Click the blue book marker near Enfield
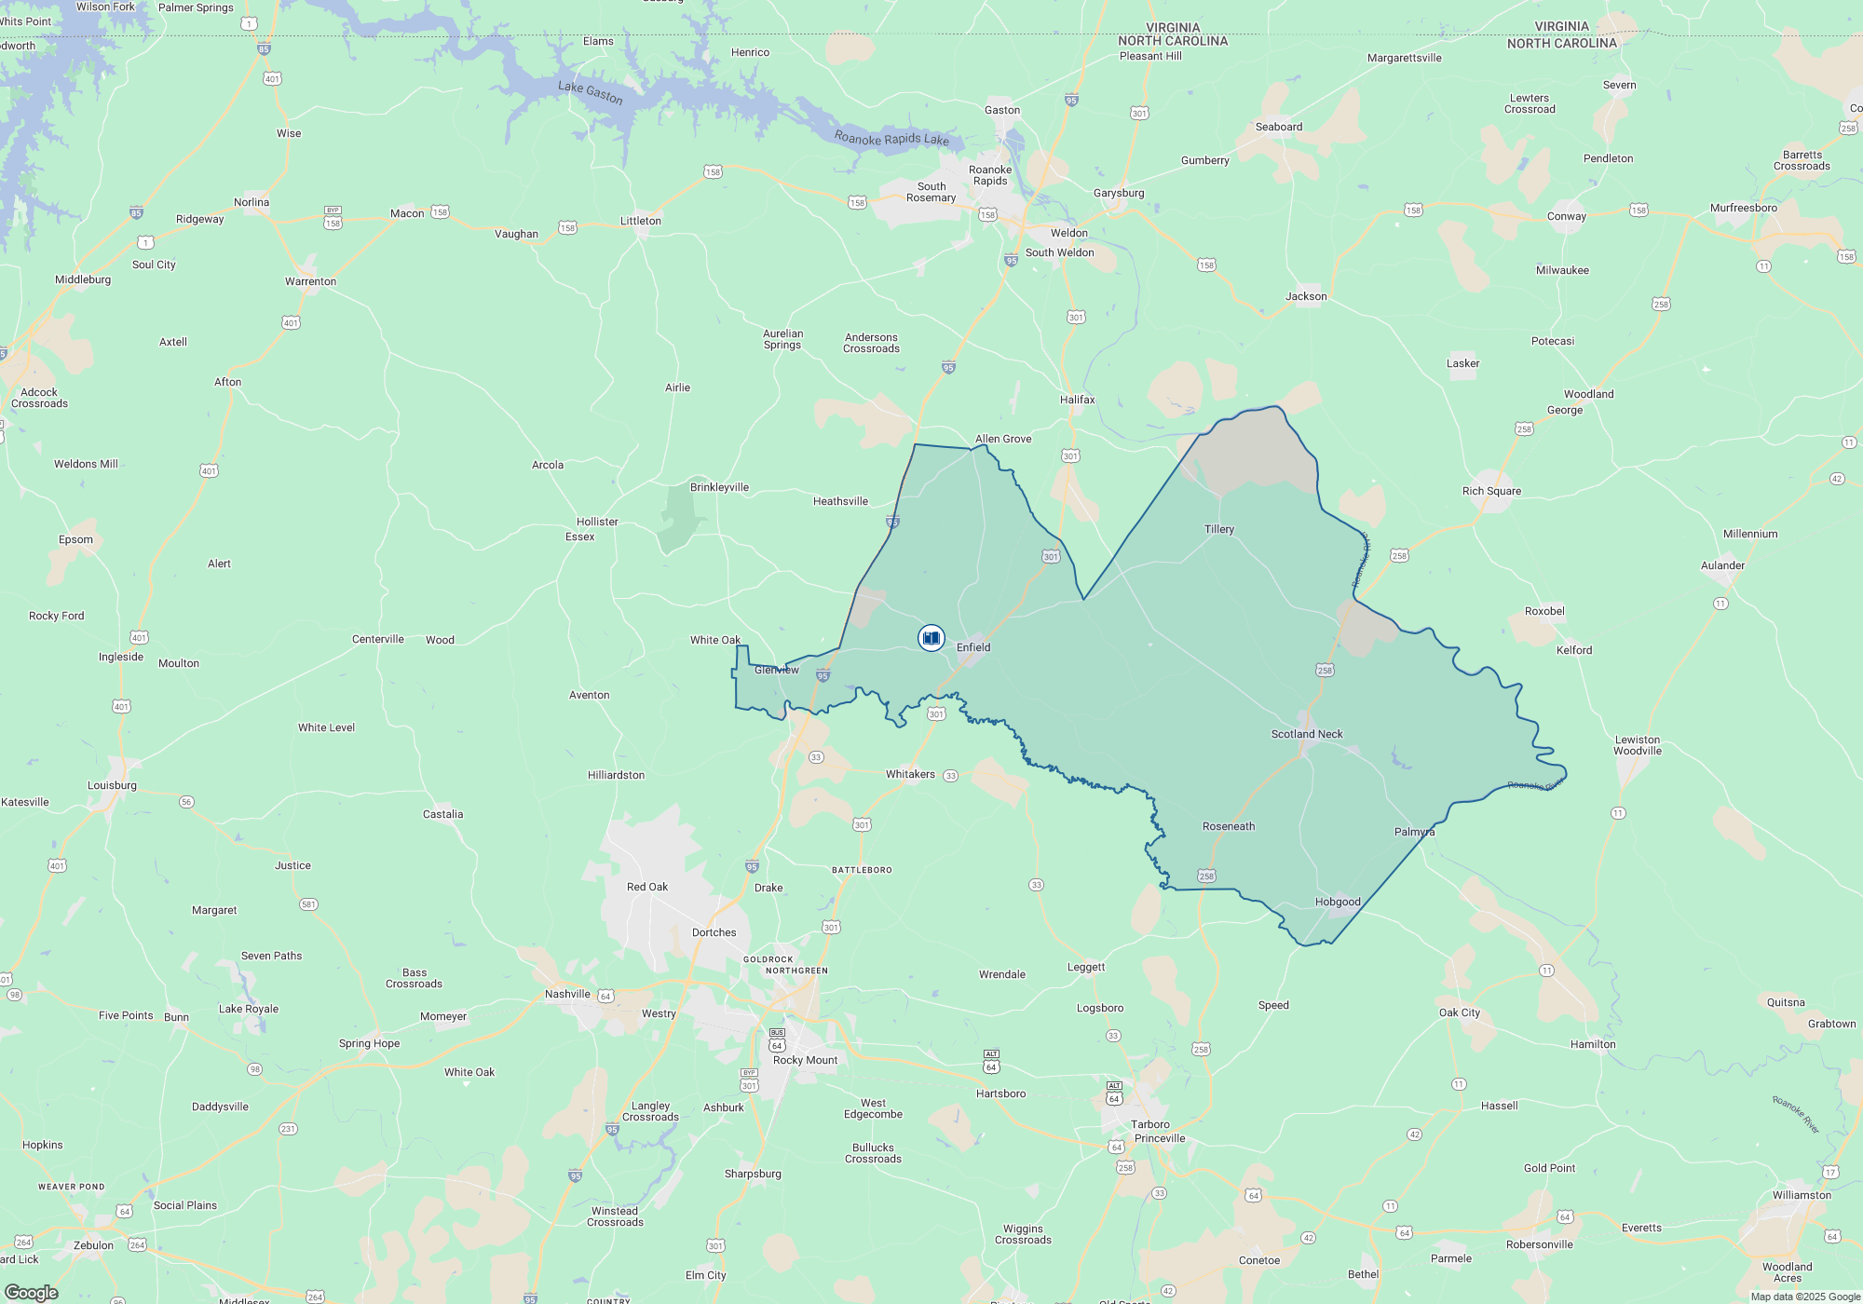(x=931, y=638)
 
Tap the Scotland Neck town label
(x=1307, y=734)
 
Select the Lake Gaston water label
(x=591, y=92)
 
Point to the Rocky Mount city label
(x=805, y=1060)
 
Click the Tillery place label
(x=1218, y=529)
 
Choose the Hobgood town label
(x=1338, y=902)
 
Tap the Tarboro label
(x=1150, y=1124)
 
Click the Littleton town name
(x=641, y=221)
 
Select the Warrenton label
(x=310, y=281)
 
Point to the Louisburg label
(x=112, y=785)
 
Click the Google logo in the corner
(x=31, y=1292)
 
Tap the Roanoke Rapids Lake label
(x=891, y=139)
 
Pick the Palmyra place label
(x=1414, y=832)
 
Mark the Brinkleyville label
(x=719, y=487)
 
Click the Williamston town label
(x=1802, y=1195)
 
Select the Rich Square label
(x=1491, y=491)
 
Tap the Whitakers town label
(x=910, y=774)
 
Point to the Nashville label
(x=567, y=994)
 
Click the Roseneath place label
(x=1229, y=826)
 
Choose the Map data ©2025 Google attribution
(x=1805, y=1297)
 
